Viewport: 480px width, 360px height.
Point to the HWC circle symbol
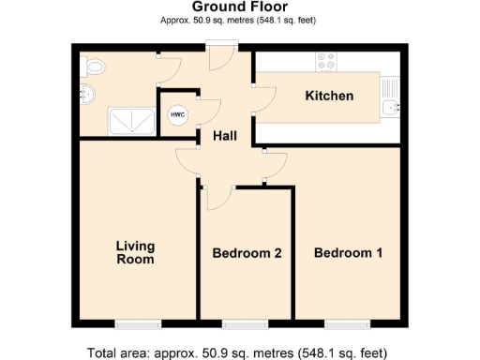tap(177, 114)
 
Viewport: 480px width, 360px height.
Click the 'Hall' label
tap(225, 136)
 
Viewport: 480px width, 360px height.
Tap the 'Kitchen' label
tap(329, 96)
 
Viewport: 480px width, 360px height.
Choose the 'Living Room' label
tap(135, 252)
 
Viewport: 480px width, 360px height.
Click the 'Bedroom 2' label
tap(247, 253)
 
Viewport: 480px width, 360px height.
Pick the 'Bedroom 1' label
tap(348, 253)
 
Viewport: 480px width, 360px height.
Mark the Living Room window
tap(137, 324)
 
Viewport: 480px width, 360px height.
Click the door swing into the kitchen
tap(263, 95)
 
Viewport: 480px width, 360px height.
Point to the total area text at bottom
tap(237, 353)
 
